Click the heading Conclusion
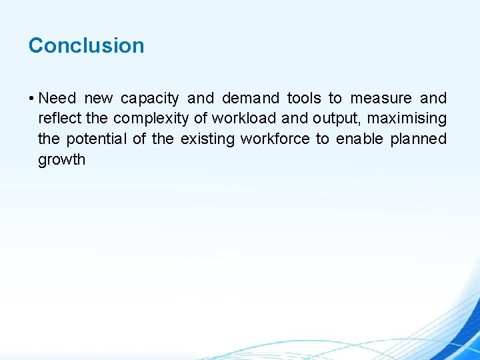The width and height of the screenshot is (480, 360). [x=86, y=45]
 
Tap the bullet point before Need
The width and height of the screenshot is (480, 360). [x=31, y=99]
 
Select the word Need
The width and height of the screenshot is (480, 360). [x=57, y=99]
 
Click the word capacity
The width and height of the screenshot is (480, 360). [x=149, y=99]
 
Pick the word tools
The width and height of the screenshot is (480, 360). [x=304, y=99]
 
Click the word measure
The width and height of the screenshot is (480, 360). [x=381, y=99]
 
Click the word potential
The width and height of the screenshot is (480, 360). [x=101, y=139]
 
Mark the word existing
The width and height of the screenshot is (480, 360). [x=207, y=139]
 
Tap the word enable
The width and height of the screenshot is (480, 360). [x=359, y=139]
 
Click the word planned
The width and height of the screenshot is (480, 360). [x=418, y=139]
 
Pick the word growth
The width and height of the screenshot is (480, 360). [x=61, y=160]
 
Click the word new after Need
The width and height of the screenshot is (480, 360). [x=99, y=99]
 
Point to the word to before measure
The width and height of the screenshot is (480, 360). [x=335, y=99]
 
